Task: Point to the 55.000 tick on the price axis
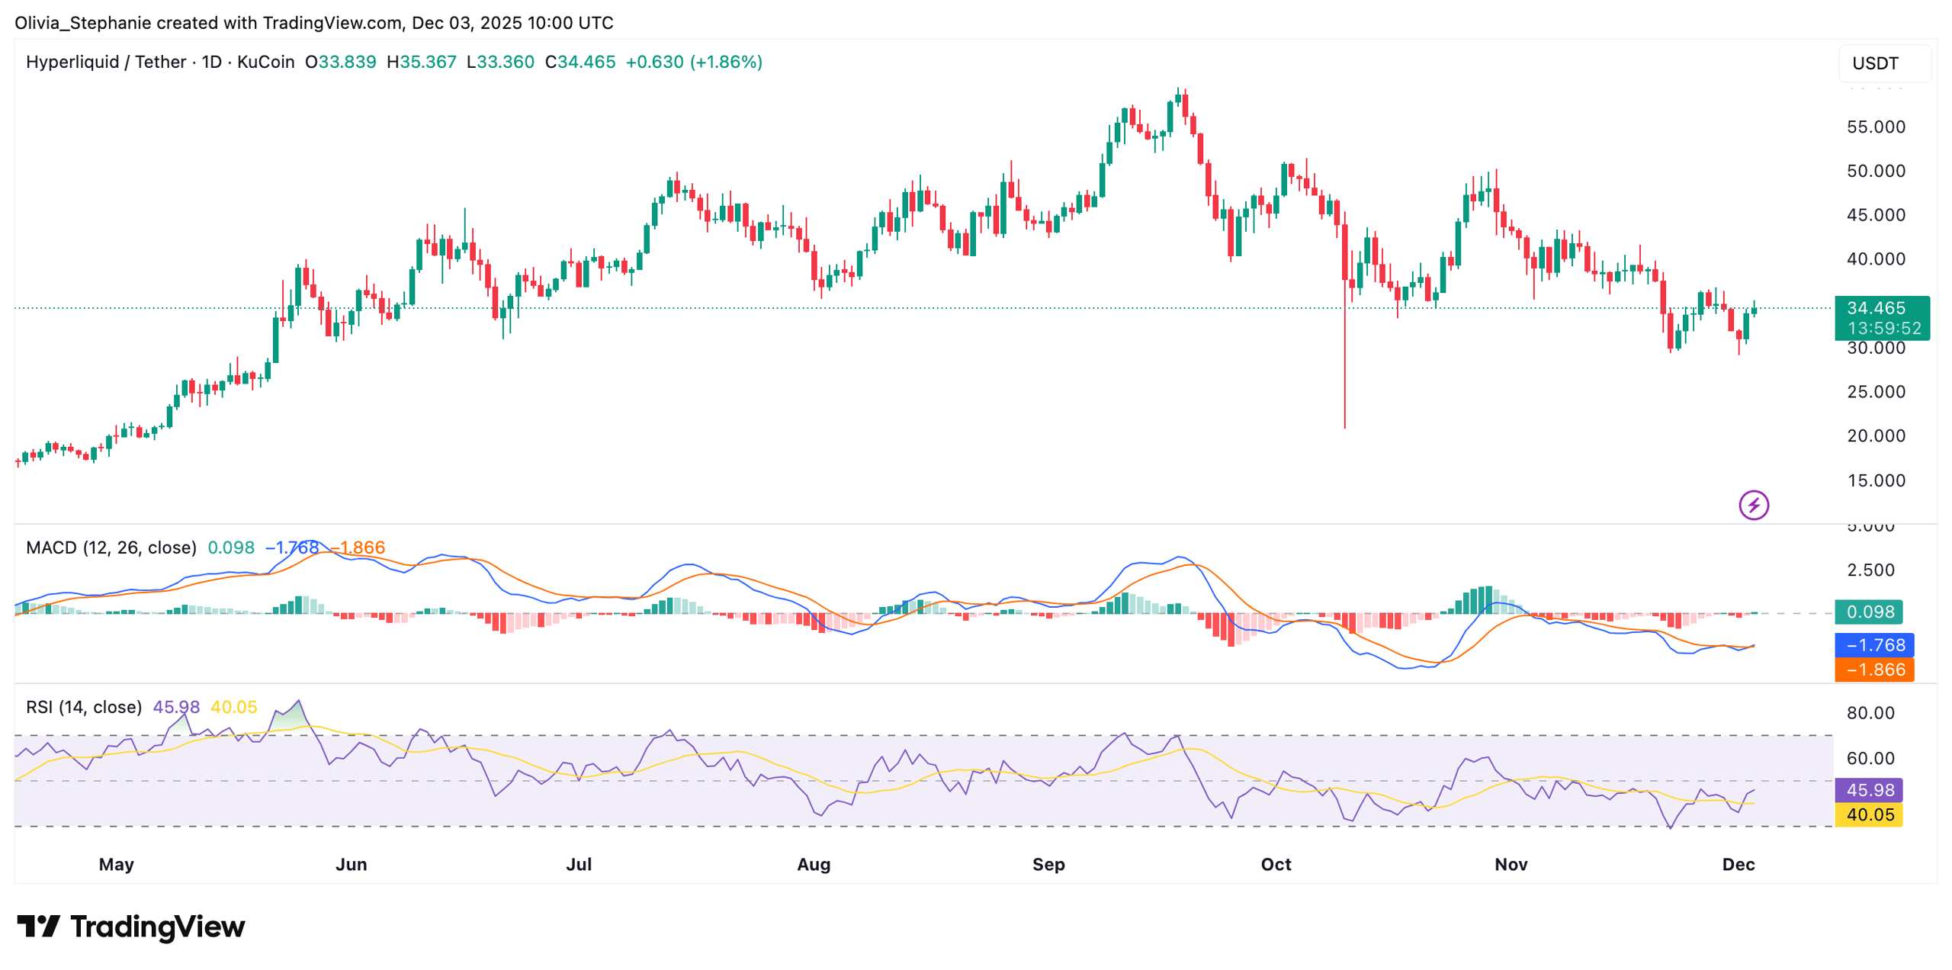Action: tap(1875, 127)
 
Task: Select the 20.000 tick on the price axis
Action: tap(1875, 436)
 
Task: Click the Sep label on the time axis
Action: tap(1048, 865)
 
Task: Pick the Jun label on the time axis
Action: tap(351, 865)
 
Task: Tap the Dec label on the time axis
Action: tap(1738, 865)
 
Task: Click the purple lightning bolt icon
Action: tap(1753, 506)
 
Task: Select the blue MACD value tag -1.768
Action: tap(1874, 646)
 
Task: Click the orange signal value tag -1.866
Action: tap(1874, 670)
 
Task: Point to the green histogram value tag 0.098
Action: tap(1869, 612)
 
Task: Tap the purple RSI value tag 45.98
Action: tap(1869, 791)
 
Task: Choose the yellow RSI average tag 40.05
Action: tap(1869, 815)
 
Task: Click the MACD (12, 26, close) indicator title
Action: tap(111, 548)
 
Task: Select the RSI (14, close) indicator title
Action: tap(84, 708)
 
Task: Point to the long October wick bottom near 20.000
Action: tap(1344, 426)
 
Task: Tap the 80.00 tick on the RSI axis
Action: tap(1870, 714)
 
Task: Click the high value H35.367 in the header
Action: tap(421, 63)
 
